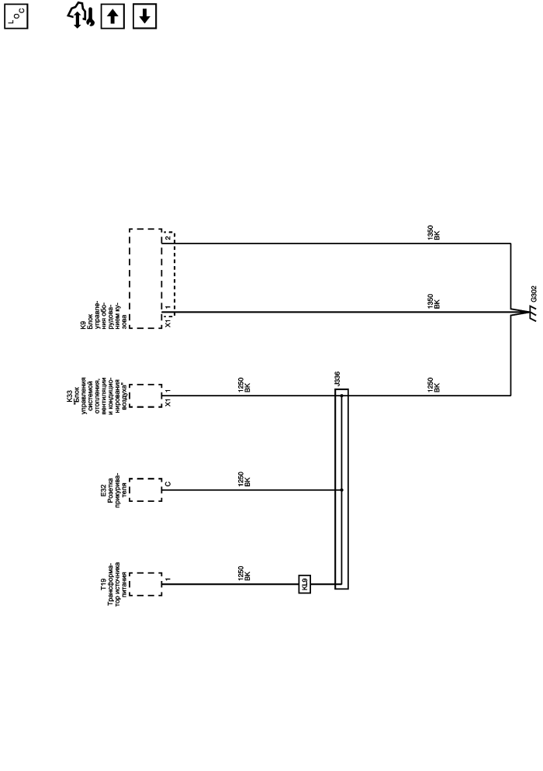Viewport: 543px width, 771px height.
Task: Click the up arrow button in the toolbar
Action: (112, 16)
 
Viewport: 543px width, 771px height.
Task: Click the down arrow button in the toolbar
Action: (144, 16)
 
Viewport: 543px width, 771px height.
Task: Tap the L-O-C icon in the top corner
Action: (16, 16)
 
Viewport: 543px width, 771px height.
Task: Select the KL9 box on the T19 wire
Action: (304, 584)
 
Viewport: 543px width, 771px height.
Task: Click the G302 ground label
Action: (534, 294)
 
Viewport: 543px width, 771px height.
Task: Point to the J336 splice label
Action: (337, 379)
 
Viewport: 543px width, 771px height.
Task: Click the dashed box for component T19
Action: (146, 584)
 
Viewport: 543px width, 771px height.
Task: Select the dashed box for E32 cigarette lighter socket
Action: (146, 489)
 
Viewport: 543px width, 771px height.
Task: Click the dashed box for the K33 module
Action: (146, 396)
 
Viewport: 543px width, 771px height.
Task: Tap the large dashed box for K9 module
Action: (146, 278)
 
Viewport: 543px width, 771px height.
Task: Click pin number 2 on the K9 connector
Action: (168, 238)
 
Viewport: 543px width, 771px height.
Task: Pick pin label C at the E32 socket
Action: (168, 484)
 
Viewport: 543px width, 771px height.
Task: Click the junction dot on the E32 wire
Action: (342, 489)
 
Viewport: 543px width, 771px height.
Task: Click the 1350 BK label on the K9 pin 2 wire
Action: (434, 233)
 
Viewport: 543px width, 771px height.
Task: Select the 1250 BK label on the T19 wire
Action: (244, 574)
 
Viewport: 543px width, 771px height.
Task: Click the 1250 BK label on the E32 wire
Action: (244, 479)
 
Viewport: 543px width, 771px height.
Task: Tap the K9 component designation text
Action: (83, 324)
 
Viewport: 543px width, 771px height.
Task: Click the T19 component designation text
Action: (103, 584)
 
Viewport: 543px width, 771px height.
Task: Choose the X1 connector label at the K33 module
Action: (168, 403)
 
